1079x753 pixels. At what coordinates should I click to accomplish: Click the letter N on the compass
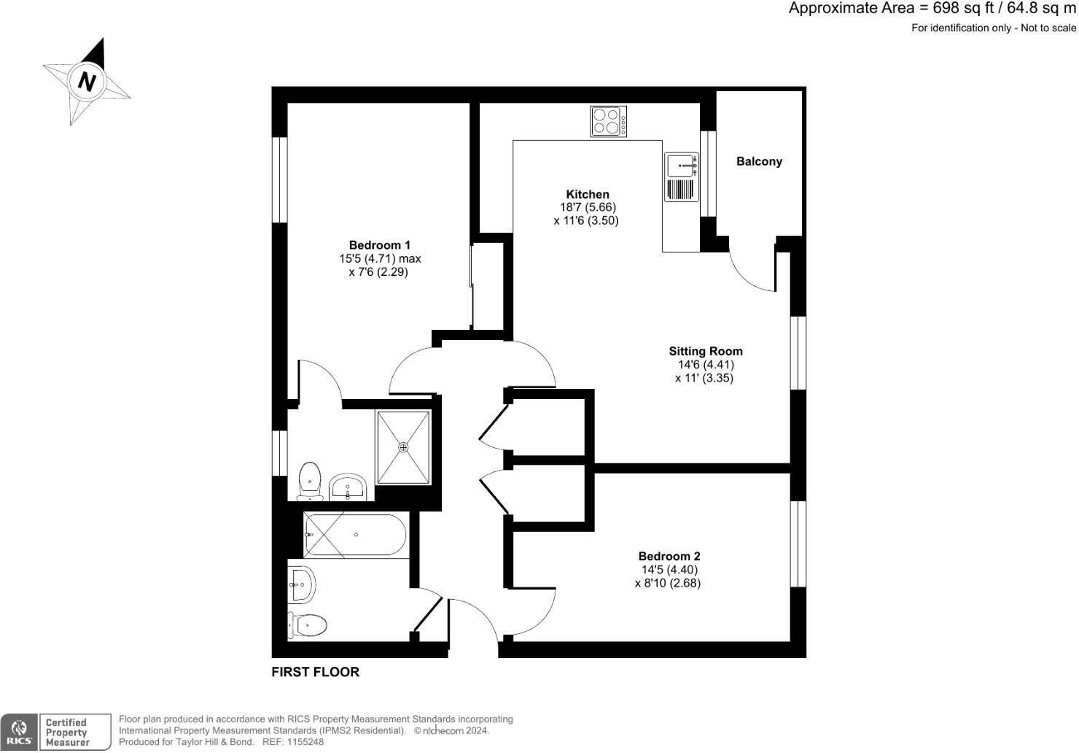pyautogui.click(x=87, y=81)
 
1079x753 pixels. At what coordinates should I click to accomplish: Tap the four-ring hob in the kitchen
pyautogui.click(x=608, y=121)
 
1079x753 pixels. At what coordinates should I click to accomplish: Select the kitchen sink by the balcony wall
pyautogui.click(x=681, y=166)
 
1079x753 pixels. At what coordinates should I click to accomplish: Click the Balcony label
pyautogui.click(x=759, y=161)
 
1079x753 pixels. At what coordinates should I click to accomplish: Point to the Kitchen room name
pyautogui.click(x=588, y=194)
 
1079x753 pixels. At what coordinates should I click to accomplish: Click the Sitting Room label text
pyautogui.click(x=705, y=351)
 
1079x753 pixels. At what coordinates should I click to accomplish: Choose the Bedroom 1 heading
pyautogui.click(x=379, y=245)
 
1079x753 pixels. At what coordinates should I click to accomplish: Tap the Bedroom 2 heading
pyautogui.click(x=669, y=556)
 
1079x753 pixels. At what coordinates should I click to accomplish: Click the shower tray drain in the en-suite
pyautogui.click(x=403, y=447)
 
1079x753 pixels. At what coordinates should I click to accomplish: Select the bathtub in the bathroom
pyautogui.click(x=355, y=536)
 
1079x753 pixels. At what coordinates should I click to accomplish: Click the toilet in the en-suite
pyautogui.click(x=310, y=480)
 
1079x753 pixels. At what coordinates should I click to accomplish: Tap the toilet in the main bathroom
pyautogui.click(x=307, y=625)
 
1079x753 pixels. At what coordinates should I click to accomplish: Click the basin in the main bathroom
pyautogui.click(x=302, y=584)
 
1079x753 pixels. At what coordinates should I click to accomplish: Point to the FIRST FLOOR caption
pyautogui.click(x=315, y=672)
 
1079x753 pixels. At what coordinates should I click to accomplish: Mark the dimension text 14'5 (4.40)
pyautogui.click(x=669, y=570)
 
